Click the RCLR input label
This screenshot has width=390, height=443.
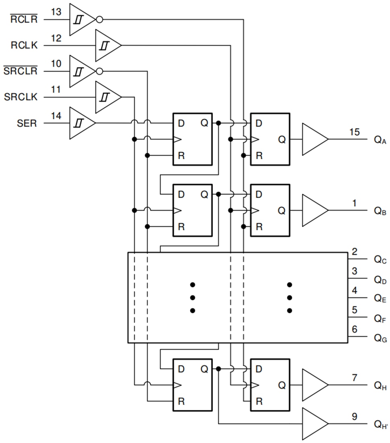24,19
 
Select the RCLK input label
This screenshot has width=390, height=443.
24,45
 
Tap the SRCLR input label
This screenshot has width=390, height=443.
21,71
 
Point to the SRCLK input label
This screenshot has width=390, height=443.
21,97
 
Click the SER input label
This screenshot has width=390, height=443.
27,123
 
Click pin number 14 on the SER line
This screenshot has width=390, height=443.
56,115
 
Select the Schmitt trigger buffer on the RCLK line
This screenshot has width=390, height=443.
107,45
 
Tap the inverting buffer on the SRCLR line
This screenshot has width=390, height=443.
82,71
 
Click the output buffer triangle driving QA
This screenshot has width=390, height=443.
314,139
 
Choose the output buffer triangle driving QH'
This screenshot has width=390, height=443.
314,424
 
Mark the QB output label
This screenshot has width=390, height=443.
380,211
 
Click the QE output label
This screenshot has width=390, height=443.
380,298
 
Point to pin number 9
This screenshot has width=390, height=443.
355,416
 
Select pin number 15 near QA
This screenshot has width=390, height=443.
355,132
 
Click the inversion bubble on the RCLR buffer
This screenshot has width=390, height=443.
99,19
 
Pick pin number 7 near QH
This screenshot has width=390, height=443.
355,377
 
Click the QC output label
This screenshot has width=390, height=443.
380,260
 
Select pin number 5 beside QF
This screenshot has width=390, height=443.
355,310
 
